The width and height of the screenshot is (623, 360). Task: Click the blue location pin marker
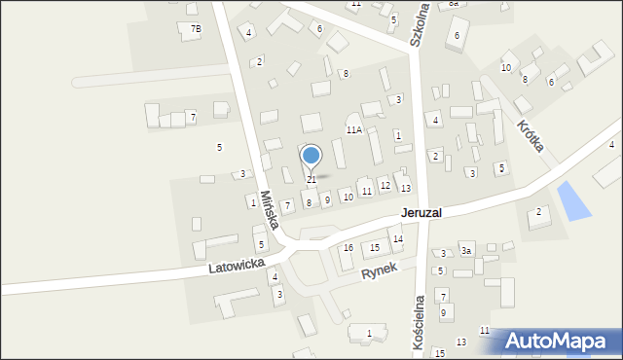click(311, 157)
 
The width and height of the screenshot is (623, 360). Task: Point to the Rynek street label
click(381, 274)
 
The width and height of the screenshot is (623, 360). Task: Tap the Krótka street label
click(531, 135)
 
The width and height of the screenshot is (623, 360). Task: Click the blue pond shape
click(572, 200)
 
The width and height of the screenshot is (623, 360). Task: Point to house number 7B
click(196, 29)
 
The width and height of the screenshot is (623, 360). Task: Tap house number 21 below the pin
click(311, 180)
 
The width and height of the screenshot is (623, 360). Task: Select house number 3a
click(467, 251)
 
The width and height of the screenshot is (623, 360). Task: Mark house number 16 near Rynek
click(348, 248)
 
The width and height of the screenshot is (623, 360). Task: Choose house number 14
click(397, 239)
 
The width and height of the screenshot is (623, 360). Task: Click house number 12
click(385, 185)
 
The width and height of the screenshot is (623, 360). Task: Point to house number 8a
click(454, 4)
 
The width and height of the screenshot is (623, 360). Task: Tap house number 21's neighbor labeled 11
click(366, 191)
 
